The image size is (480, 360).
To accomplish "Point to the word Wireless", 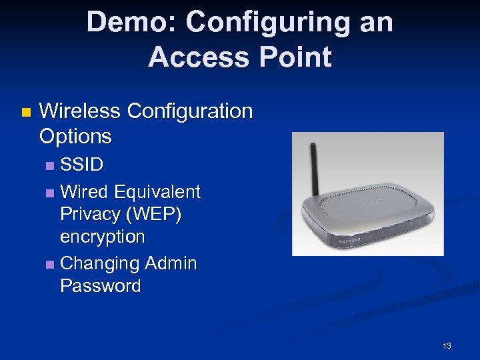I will [x=81, y=111].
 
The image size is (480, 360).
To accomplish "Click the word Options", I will [x=75, y=136].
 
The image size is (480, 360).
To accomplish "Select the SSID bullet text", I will [x=81, y=164].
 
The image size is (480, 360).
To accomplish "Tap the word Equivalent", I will [x=157, y=192].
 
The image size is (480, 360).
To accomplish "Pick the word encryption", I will [x=102, y=237].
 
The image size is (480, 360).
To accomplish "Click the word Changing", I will [x=99, y=263].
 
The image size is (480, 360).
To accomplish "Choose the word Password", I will [x=100, y=286].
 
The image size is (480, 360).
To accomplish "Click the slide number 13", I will [x=447, y=345].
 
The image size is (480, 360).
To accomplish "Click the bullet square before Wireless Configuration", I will [x=26, y=112].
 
